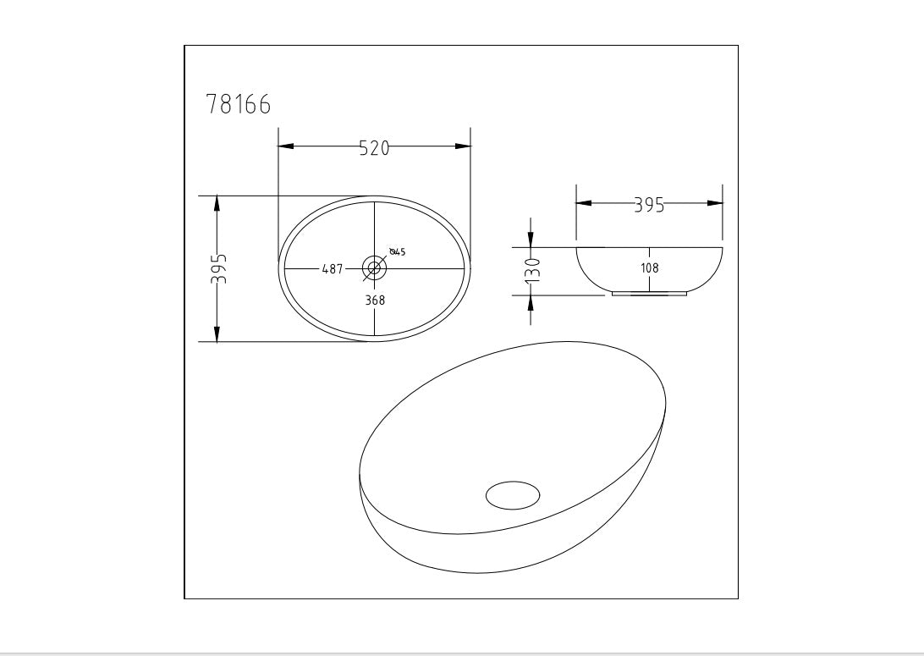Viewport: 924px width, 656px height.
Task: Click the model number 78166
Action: (239, 105)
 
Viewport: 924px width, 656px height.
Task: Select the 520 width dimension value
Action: (374, 147)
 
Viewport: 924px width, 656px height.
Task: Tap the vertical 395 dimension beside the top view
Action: (219, 269)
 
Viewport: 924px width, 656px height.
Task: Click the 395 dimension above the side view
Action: (649, 205)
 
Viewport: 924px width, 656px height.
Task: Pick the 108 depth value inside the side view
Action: (650, 268)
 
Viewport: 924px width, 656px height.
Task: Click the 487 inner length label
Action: (332, 269)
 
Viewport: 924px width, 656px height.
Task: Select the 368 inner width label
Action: (375, 300)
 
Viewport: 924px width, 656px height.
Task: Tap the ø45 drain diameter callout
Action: (397, 252)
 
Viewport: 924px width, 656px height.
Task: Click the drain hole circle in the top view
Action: (375, 268)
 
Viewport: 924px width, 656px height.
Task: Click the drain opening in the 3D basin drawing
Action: (513, 494)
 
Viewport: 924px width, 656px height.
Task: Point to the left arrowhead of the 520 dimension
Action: (286, 146)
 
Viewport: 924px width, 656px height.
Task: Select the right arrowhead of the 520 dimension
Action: (463, 146)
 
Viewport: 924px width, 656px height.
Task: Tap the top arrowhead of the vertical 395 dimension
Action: (217, 204)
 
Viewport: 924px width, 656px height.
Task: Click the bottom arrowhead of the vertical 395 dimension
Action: (217, 334)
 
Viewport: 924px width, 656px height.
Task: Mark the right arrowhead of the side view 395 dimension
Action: (716, 203)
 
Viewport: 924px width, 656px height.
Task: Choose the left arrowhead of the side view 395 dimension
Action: (583, 203)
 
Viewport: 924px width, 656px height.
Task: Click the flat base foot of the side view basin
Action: (650, 294)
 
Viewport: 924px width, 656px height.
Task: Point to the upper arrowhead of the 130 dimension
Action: (531, 240)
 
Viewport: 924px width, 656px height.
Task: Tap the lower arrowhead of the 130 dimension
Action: (531, 303)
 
